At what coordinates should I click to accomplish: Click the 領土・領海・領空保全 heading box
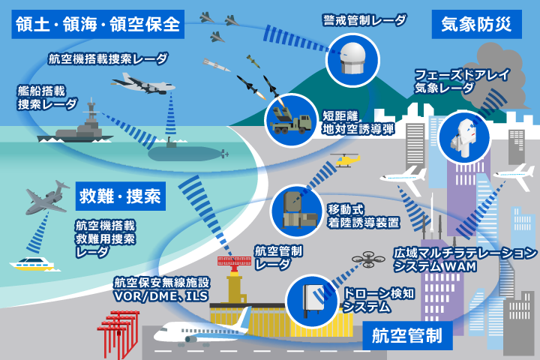(97, 23)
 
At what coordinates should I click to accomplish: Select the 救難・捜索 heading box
(120, 197)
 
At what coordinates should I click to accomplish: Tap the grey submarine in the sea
(186, 153)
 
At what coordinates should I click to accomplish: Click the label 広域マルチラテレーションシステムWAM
(465, 259)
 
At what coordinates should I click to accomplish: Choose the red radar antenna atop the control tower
(235, 262)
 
